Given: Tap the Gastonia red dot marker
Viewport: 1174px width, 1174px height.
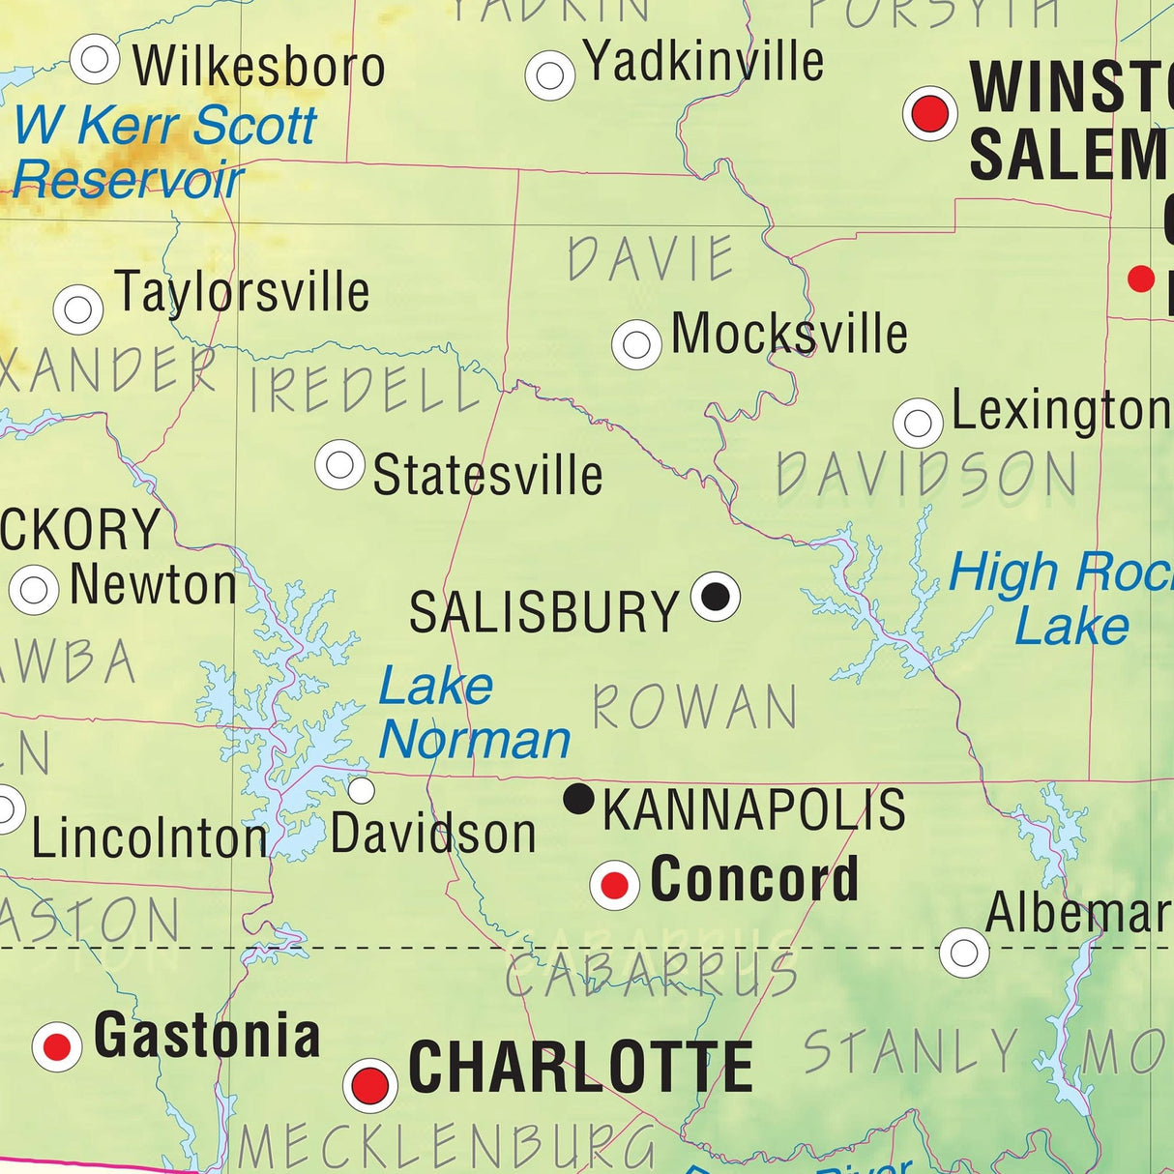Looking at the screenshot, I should tap(57, 1046).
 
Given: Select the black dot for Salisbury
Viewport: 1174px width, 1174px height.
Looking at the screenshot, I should tap(716, 596).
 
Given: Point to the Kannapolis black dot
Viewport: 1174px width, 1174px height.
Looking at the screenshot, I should tap(578, 799).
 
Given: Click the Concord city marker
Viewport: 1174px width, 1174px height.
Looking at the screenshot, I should tap(615, 884).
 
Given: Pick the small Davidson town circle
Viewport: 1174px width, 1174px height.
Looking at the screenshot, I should tap(361, 791).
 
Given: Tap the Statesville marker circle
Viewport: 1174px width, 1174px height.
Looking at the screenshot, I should tap(339, 464).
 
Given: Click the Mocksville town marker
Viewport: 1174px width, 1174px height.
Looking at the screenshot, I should tap(636, 343).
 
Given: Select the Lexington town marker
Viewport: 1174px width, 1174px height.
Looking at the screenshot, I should tap(918, 423).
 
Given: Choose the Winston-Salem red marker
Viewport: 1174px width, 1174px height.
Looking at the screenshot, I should tap(930, 113).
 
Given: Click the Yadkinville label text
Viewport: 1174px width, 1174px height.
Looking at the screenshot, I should tap(704, 62).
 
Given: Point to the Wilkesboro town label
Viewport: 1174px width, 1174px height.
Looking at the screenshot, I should tap(259, 66).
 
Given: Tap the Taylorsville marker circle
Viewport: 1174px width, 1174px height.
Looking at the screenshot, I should tap(78, 309).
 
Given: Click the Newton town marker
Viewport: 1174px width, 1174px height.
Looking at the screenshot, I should tap(34, 589).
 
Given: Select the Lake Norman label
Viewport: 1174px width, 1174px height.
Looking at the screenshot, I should tap(474, 714).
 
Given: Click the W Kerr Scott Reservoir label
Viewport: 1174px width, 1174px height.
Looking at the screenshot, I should tap(164, 153).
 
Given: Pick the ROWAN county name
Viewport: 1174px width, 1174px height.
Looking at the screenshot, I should tap(694, 707).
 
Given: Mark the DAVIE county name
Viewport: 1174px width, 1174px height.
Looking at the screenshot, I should tap(651, 258).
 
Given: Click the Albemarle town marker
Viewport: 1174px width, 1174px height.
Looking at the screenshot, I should tap(964, 953).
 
